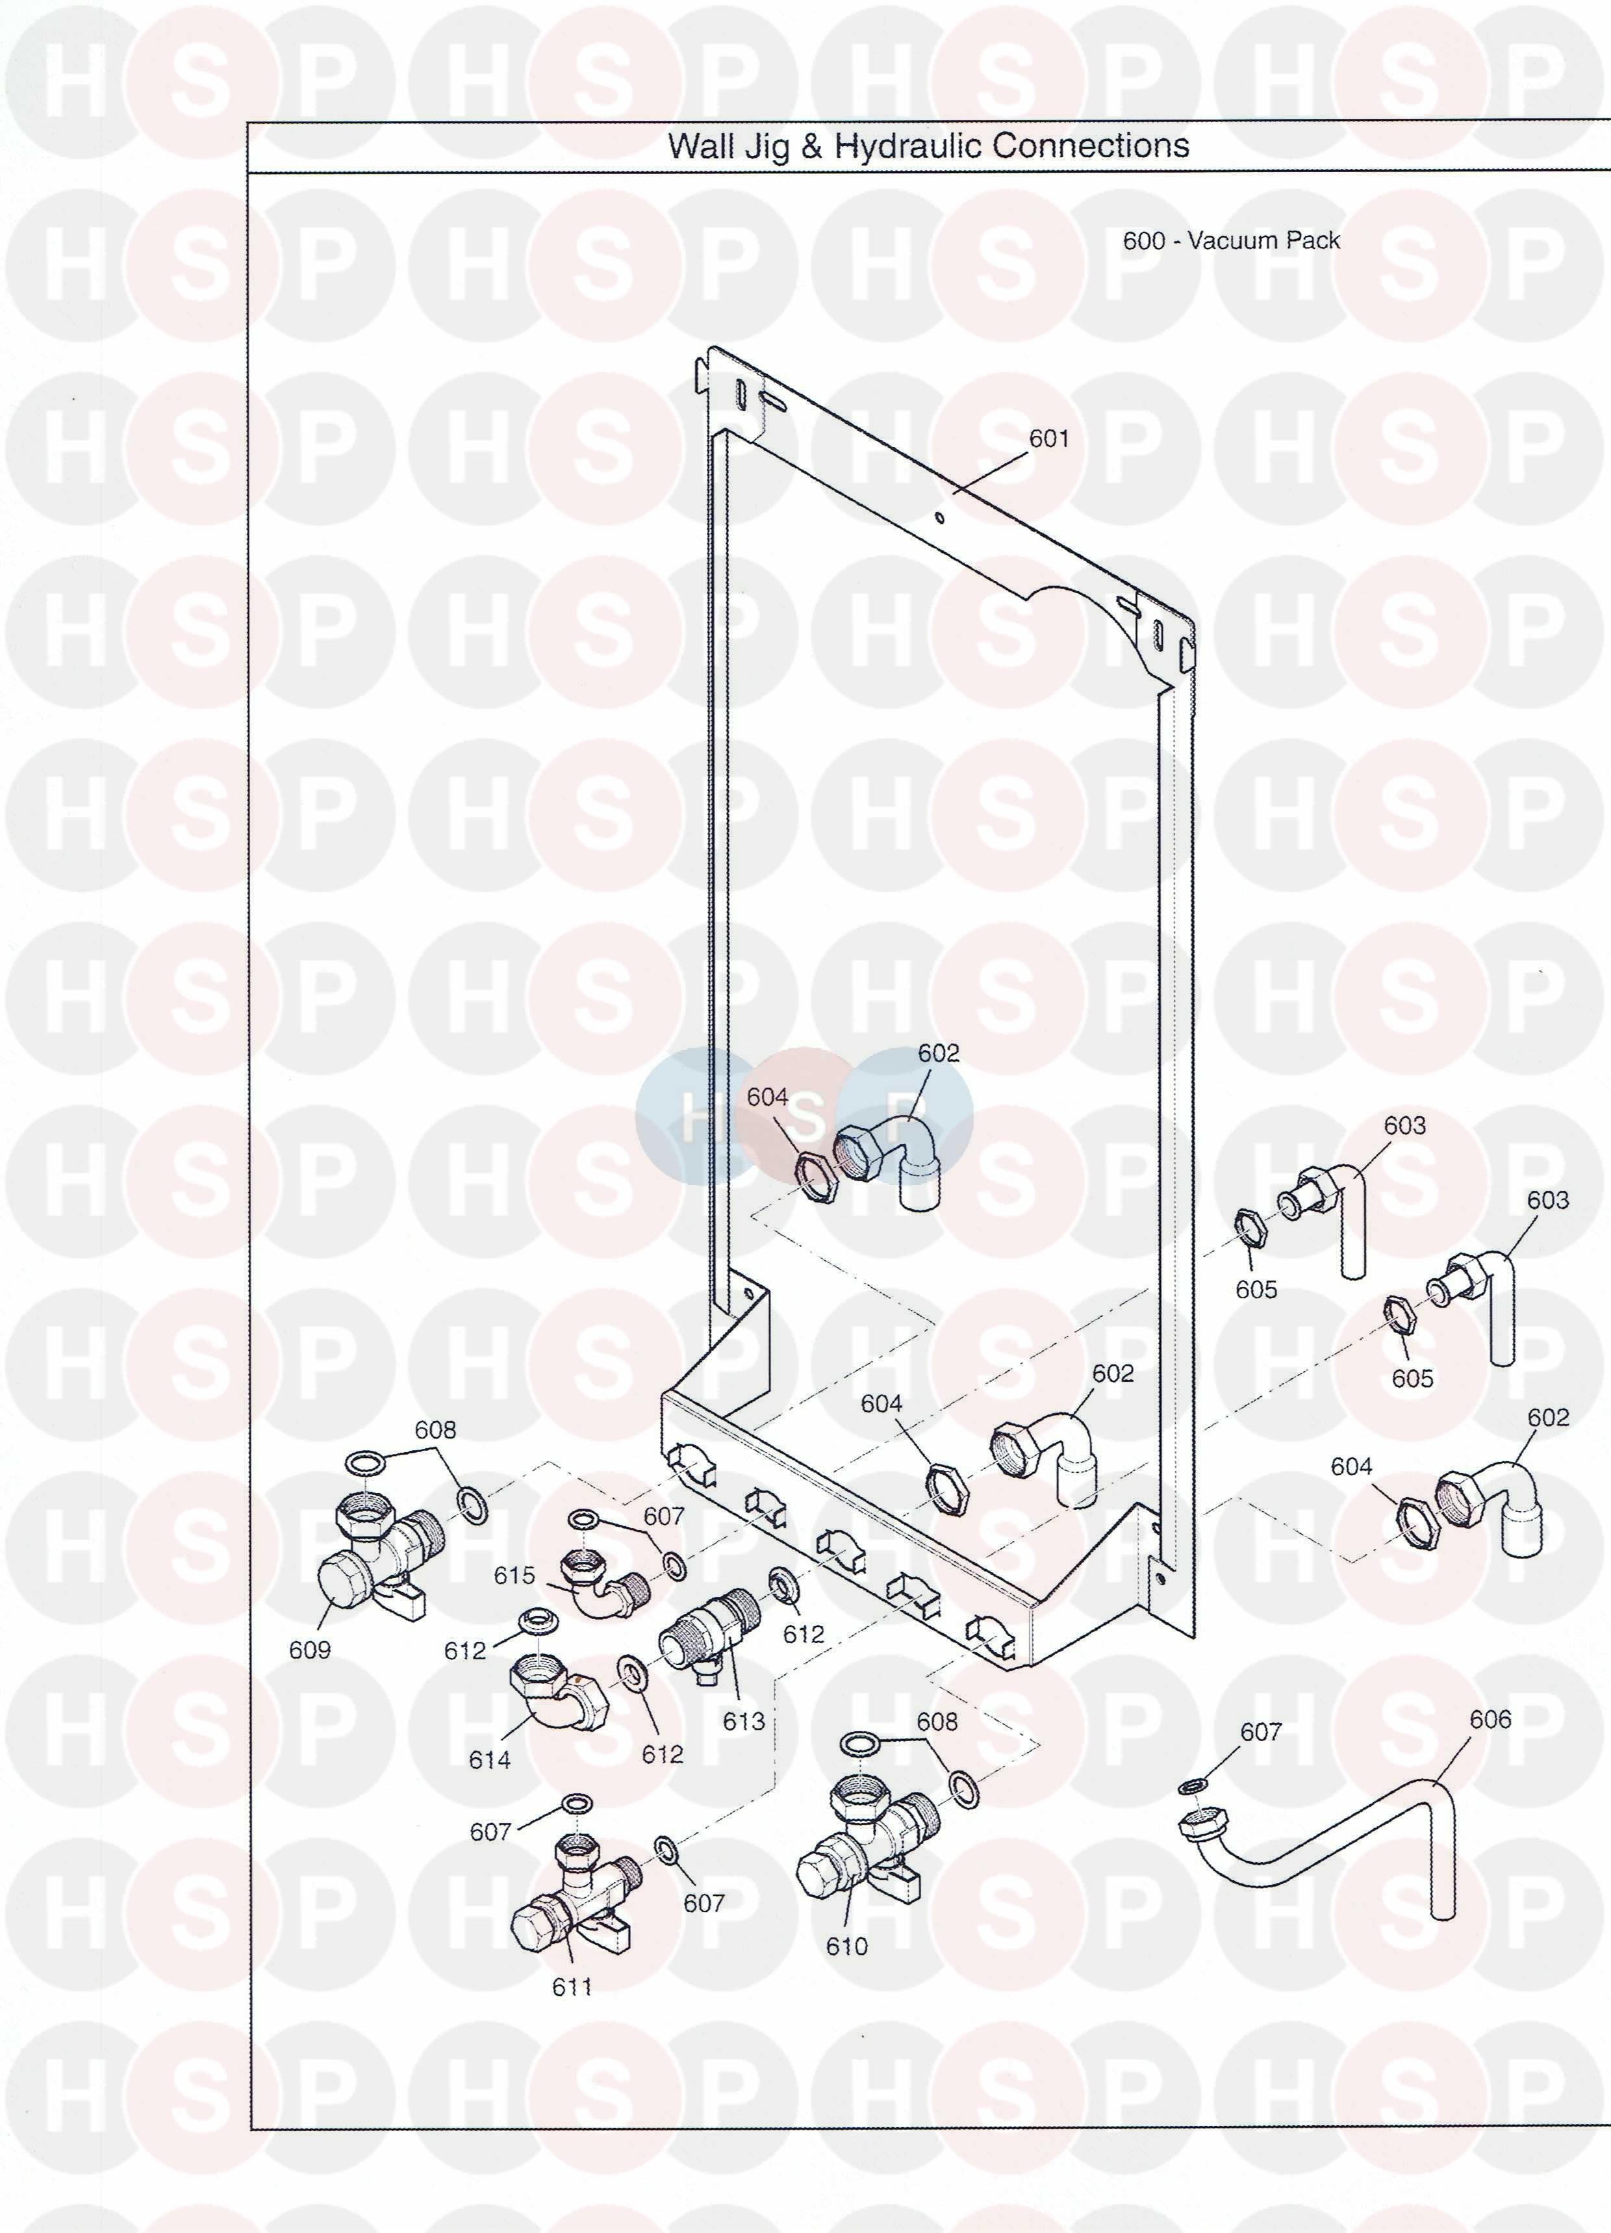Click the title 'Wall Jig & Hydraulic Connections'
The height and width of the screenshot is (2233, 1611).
point(928,146)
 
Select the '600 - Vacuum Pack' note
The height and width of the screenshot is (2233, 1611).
point(1231,240)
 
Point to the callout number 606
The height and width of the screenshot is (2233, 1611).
point(1490,1719)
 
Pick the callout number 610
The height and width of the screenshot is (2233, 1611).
point(847,1946)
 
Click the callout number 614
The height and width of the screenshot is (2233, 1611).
point(489,1759)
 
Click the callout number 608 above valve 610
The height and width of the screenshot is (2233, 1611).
point(937,1721)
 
